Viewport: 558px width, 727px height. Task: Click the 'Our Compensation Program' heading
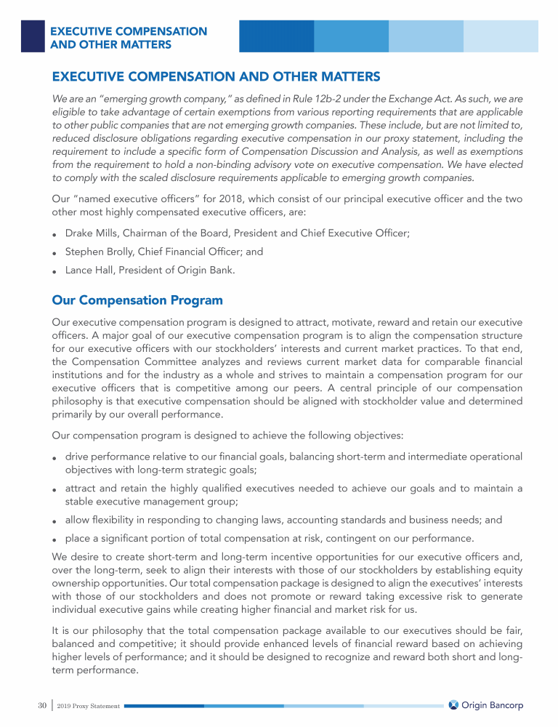pos(137,300)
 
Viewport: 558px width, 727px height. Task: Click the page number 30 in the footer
pos(42,705)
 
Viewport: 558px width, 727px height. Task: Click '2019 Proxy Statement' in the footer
pos(90,706)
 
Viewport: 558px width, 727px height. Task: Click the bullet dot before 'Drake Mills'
pos(55,234)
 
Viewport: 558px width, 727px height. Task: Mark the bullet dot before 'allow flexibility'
pos(55,521)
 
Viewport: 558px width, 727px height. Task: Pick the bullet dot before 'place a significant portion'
pos(55,539)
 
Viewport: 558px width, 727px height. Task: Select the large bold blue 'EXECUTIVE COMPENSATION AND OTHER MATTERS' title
pos(217,76)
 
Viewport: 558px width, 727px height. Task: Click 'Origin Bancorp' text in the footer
pos(493,705)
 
